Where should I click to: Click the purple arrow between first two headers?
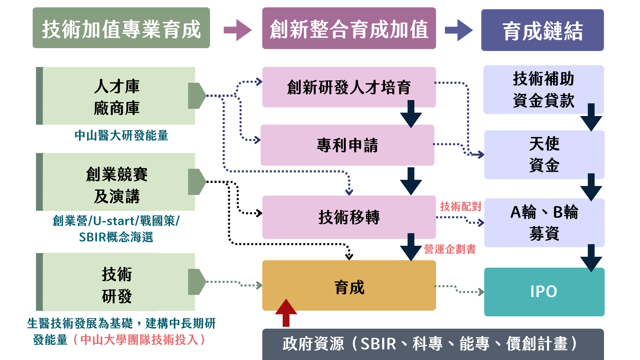[237, 30]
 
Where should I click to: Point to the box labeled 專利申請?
[347, 145]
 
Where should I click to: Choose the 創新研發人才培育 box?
[349, 87]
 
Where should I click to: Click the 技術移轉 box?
[349, 217]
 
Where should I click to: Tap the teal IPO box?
[544, 292]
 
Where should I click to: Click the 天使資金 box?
[544, 155]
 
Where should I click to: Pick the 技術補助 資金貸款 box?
[543, 90]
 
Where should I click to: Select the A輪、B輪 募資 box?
[544, 223]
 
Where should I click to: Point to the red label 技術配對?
[460, 207]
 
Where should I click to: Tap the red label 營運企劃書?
[450, 249]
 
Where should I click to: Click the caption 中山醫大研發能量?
[121, 136]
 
